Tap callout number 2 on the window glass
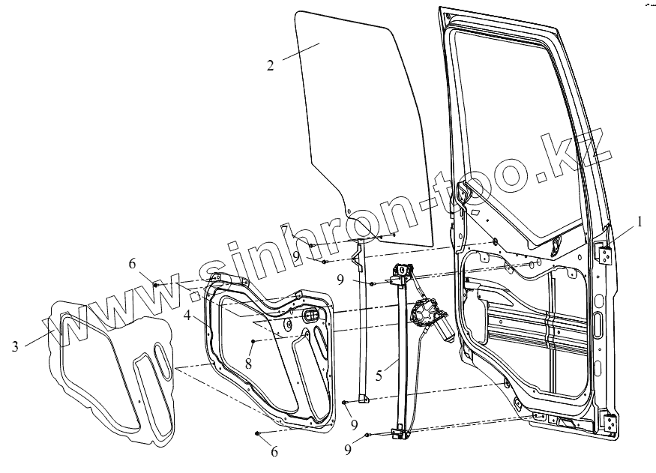270,64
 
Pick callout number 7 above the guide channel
307,228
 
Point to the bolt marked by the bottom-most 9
369,436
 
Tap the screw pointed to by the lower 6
258,433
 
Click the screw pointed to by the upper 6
155,285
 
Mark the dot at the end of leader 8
253,342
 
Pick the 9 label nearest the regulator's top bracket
340,280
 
